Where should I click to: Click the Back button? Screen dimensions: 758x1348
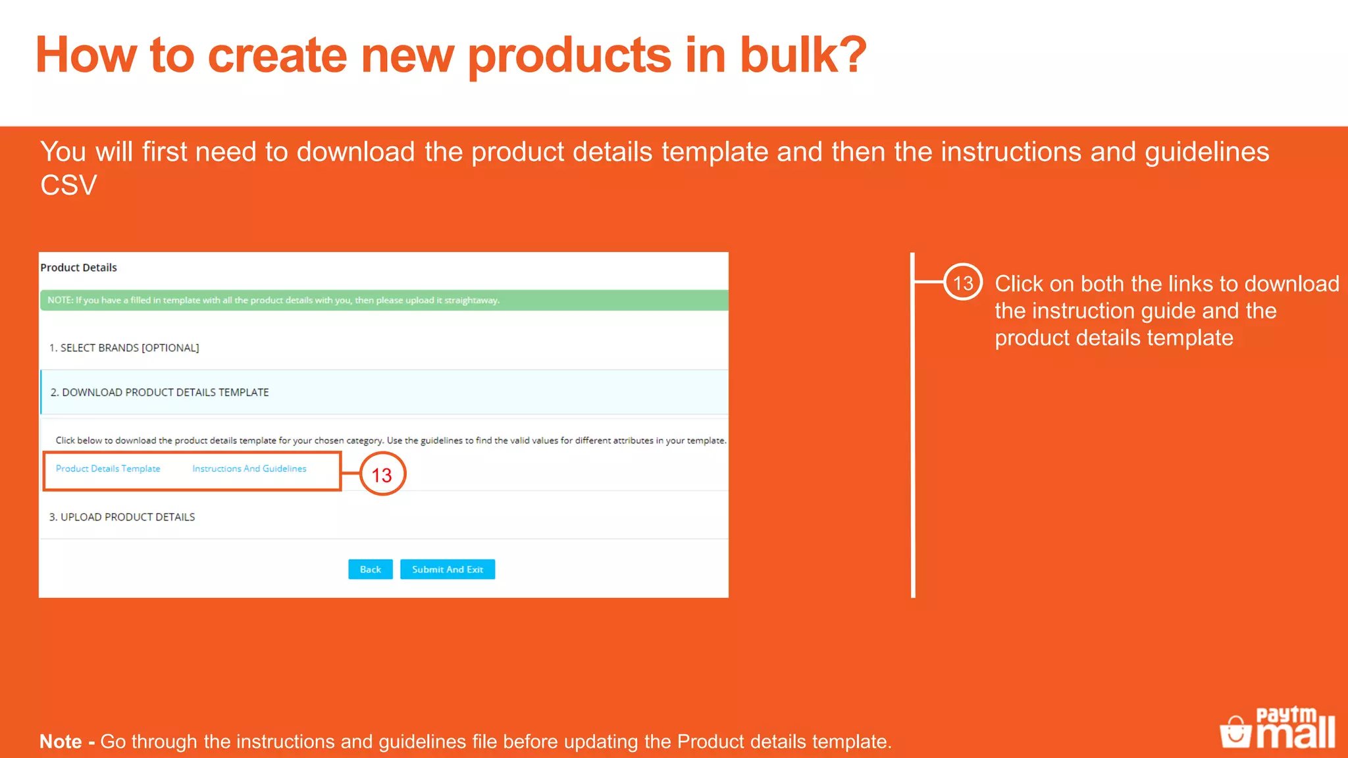(370, 569)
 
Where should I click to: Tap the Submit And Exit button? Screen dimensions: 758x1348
(448, 569)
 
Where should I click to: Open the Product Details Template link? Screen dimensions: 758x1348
(108, 468)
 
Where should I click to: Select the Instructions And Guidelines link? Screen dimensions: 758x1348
(249, 468)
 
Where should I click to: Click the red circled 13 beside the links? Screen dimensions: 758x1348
(382, 474)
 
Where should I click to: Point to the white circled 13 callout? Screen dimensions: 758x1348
(963, 282)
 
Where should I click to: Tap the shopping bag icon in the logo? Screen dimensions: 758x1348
(1235, 732)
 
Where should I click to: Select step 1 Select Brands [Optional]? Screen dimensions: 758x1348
(124, 347)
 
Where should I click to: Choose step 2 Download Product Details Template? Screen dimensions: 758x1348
(160, 392)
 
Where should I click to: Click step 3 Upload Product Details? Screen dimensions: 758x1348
(122, 517)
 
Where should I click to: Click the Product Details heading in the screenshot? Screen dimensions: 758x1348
(78, 267)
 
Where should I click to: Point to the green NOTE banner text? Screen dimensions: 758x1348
(273, 300)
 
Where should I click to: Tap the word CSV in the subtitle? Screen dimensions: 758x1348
(68, 186)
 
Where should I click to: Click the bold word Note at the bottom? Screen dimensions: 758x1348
(61, 742)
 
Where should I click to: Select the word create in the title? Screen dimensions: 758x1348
(277, 55)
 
